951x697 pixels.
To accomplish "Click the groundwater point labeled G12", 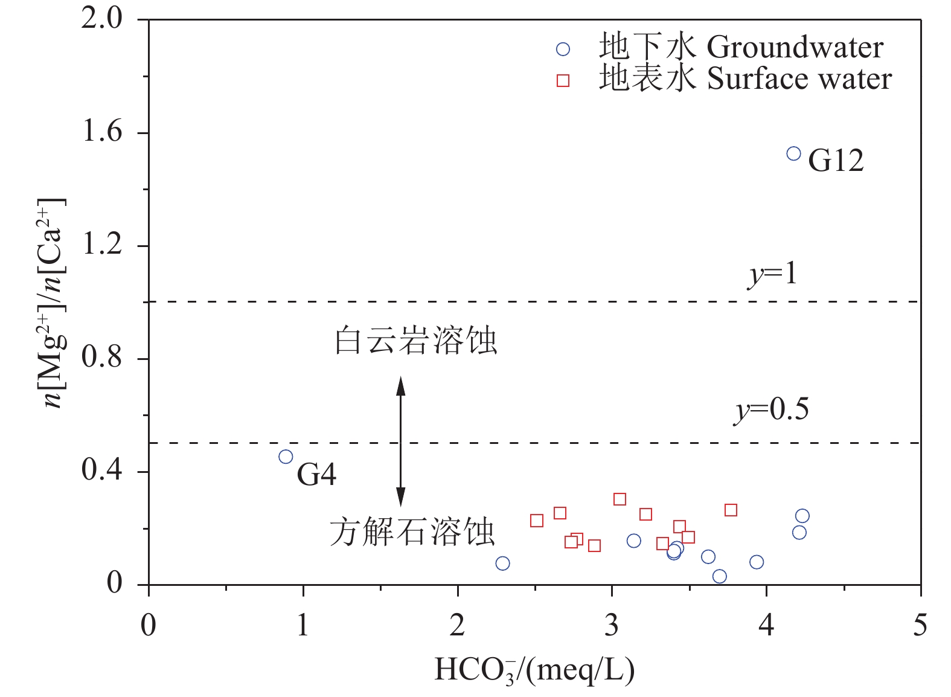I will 793,153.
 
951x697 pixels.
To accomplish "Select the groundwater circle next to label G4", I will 286,457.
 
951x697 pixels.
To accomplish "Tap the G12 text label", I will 836,161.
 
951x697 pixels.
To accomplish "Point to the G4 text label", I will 316,474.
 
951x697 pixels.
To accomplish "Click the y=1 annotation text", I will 772,275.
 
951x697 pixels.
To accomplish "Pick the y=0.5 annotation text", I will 772,410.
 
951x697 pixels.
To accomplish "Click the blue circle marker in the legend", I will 563,49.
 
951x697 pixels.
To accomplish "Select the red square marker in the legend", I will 563,80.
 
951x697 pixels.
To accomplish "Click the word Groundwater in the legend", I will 795,48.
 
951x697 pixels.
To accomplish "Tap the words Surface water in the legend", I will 799,79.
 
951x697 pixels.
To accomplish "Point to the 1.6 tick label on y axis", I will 102,132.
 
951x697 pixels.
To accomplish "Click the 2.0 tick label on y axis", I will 102,19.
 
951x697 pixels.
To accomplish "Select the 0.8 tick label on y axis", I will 102,358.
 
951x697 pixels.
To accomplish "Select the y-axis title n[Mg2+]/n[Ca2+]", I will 53,303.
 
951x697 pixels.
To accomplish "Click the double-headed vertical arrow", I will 400,441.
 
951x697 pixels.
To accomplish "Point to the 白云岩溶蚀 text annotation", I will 416,341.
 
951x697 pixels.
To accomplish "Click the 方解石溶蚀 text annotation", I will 412,533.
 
